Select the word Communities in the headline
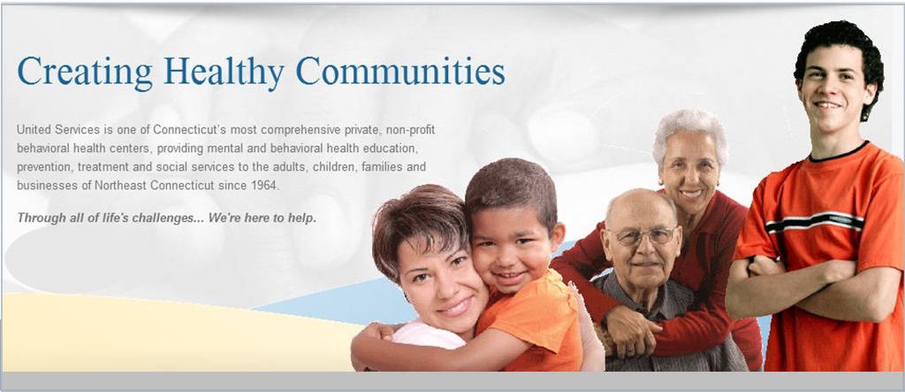[400, 71]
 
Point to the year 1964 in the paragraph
[266, 186]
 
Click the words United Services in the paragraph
[50, 129]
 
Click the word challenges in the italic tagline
[168, 219]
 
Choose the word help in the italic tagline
[304, 219]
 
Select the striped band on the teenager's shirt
[815, 221]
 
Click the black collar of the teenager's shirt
[838, 152]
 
